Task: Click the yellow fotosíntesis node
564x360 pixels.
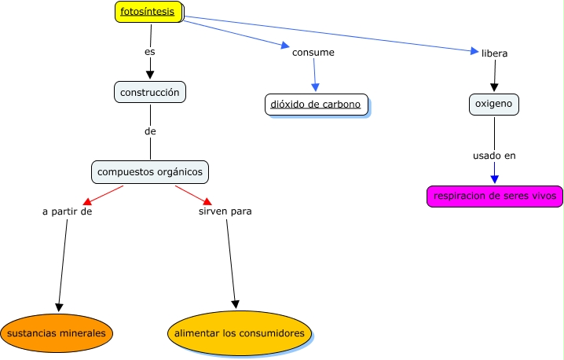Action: (148, 12)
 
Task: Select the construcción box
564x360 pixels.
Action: (150, 93)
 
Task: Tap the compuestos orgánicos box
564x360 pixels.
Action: (149, 171)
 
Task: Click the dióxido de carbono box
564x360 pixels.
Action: (316, 105)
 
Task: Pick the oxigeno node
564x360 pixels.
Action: (494, 104)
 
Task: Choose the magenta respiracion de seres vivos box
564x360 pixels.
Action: (494, 196)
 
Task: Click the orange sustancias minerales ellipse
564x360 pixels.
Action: (56, 333)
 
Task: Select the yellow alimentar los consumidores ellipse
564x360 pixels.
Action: (239, 333)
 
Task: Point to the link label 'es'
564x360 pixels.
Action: (149, 52)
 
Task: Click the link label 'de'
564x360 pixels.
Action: (149, 130)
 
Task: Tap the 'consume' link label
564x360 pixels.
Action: (313, 53)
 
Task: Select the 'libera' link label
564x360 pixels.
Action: (494, 53)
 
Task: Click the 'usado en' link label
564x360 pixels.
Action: (494, 156)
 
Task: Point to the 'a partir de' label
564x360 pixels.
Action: (68, 211)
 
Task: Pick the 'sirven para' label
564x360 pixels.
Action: (225, 211)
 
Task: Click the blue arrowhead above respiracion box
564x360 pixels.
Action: (494, 179)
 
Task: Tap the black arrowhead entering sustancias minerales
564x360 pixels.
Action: (57, 307)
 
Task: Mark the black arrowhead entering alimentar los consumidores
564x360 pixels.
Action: (235, 304)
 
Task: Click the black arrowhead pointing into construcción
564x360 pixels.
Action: (149, 75)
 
